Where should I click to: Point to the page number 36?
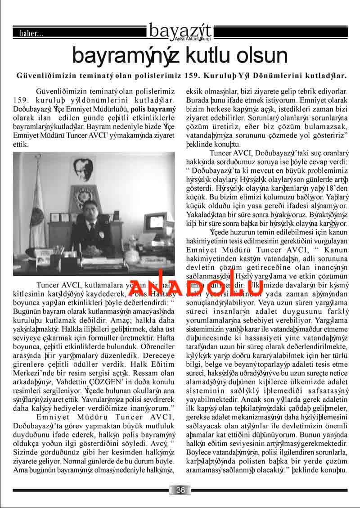coord(180,490)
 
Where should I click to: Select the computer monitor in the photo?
coord(153,224)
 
